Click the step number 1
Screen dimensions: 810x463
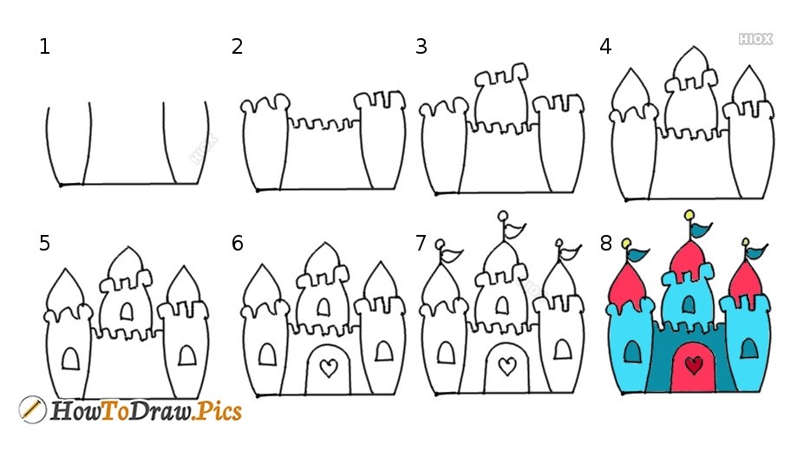tap(44, 47)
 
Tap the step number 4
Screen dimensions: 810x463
tap(605, 47)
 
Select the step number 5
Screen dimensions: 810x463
tap(44, 244)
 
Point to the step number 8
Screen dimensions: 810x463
tap(605, 244)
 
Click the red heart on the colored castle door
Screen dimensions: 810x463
tap(694, 366)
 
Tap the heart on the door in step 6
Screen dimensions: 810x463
tap(329, 368)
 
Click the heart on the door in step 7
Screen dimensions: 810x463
tap(507, 367)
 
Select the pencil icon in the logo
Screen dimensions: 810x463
tap(32, 410)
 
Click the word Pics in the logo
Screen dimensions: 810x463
tap(219, 411)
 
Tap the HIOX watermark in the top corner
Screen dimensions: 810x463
tap(755, 39)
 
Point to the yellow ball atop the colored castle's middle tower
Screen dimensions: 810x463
tap(689, 215)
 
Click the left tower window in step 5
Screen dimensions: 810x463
tap(71, 359)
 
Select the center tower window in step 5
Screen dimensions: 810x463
tap(127, 311)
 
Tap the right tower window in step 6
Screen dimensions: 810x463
tap(384, 351)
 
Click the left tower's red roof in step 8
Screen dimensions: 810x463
tap(627, 286)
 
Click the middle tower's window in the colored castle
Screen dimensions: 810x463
tap(688, 303)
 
